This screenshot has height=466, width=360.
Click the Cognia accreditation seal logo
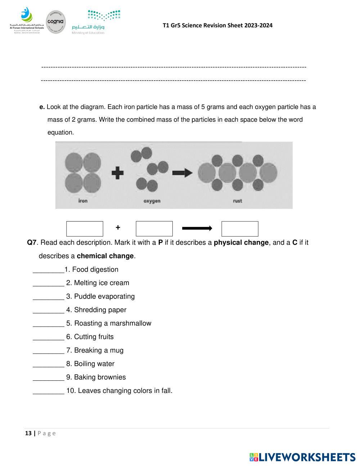[56, 22]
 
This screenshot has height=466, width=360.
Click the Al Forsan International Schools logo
[27, 20]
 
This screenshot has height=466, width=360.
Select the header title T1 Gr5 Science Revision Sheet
[217, 25]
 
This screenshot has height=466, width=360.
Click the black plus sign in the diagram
[117, 173]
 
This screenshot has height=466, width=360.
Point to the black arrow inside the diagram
[182, 173]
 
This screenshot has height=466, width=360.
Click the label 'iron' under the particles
[83, 201]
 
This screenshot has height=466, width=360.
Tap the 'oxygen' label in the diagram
[152, 201]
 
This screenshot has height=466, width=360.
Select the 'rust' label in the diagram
[237, 201]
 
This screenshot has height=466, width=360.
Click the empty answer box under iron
[85, 229]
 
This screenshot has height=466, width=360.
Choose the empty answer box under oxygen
[154, 229]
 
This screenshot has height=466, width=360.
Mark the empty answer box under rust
[240, 229]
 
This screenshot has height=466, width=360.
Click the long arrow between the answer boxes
[197, 228]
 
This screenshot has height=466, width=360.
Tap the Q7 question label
[32, 242]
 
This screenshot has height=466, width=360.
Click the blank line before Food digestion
[48, 270]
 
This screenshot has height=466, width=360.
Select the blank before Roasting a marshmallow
[48, 324]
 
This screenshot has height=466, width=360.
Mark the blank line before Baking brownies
[48, 378]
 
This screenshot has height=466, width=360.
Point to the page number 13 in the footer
[28, 433]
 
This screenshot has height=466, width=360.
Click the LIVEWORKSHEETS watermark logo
[302, 457]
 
